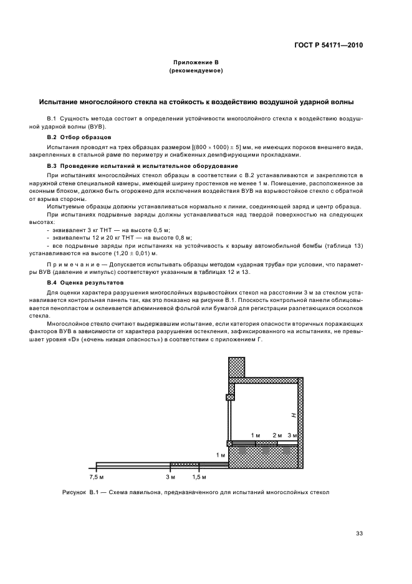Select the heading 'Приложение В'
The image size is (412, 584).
196,62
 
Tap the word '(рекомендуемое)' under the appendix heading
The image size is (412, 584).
196,71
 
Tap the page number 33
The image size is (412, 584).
359,533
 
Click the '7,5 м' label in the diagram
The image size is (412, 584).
96,477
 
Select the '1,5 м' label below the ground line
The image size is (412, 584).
199,477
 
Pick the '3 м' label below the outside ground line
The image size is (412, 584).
170,477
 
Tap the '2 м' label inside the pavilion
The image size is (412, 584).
277,435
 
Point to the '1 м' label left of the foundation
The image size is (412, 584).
220,455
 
